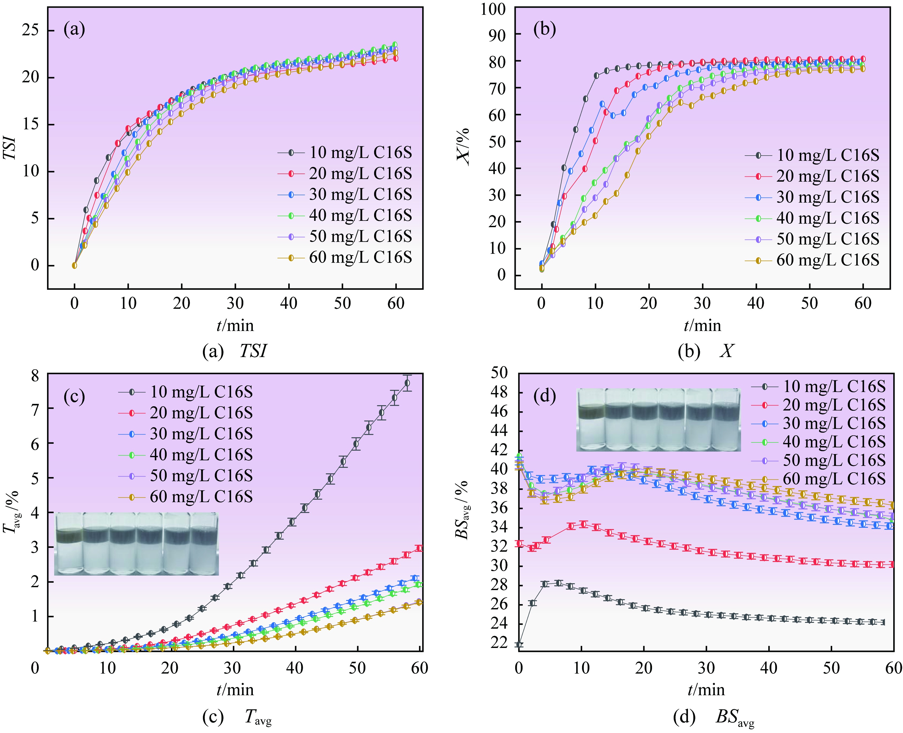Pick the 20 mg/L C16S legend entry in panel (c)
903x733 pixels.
point(185,413)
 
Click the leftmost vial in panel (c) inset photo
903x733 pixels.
point(69,543)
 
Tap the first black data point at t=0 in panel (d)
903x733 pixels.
point(519,644)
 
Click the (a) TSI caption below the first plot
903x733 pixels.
point(235,351)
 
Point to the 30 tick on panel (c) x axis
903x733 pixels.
point(232,668)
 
